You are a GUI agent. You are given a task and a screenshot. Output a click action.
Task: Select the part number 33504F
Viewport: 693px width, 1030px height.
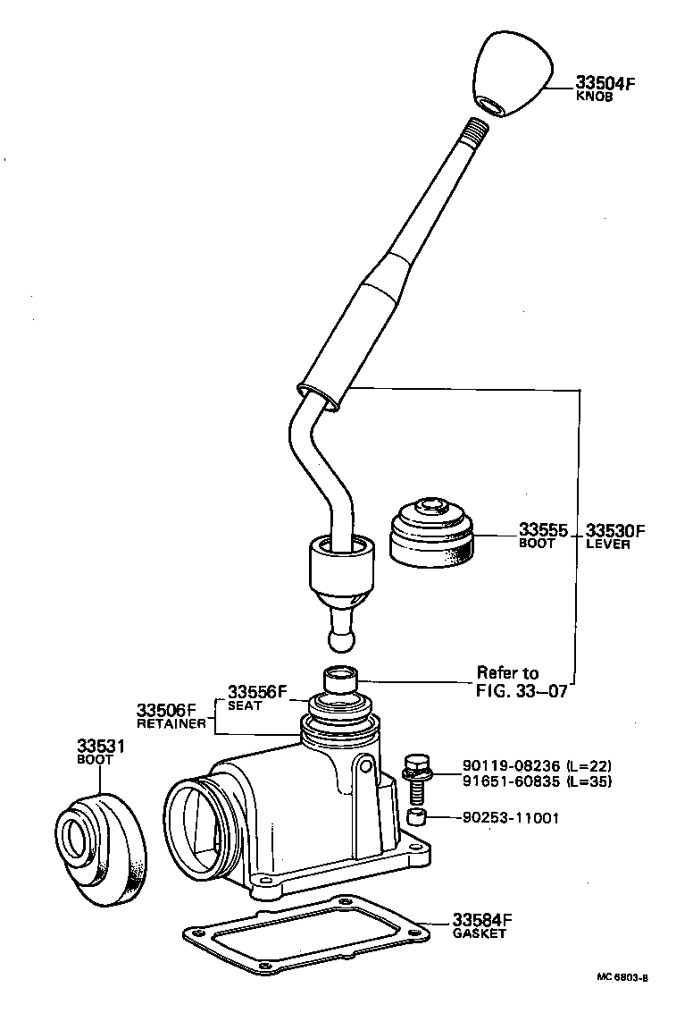click(x=604, y=84)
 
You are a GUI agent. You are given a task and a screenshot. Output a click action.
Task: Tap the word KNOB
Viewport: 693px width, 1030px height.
click(x=594, y=97)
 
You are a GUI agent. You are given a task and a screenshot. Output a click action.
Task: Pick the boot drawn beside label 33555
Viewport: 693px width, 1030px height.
click(x=431, y=534)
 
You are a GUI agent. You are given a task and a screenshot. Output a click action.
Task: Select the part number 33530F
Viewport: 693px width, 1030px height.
click(x=615, y=530)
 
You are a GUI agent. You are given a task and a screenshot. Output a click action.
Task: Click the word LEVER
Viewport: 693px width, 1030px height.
click(x=607, y=544)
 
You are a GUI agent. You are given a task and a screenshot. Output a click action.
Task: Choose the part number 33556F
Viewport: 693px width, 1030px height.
click(x=257, y=692)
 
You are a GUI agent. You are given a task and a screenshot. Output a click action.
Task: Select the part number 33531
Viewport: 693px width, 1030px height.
click(x=100, y=746)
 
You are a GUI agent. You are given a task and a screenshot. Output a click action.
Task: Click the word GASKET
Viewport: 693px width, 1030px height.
click(x=479, y=933)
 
